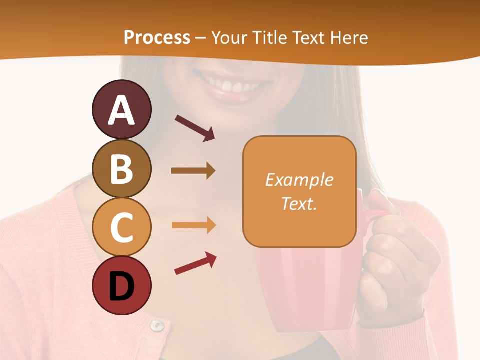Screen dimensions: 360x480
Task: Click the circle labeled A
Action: [x=121, y=110]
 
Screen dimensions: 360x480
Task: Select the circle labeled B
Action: [x=121, y=169]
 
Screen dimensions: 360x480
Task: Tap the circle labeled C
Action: [x=121, y=227]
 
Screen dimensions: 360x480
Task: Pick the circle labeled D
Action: [x=121, y=286]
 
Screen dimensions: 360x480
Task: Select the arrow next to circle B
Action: [x=193, y=171]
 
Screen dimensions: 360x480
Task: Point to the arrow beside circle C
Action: [x=193, y=225]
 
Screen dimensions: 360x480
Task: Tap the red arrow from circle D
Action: [x=195, y=263]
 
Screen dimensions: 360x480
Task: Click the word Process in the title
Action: [x=157, y=37]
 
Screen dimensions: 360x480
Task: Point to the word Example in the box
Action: [x=299, y=180]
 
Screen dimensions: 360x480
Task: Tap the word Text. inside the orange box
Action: [x=299, y=203]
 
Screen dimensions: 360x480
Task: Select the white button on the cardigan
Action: [x=157, y=325]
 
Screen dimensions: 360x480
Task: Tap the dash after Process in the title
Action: [x=201, y=38]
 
